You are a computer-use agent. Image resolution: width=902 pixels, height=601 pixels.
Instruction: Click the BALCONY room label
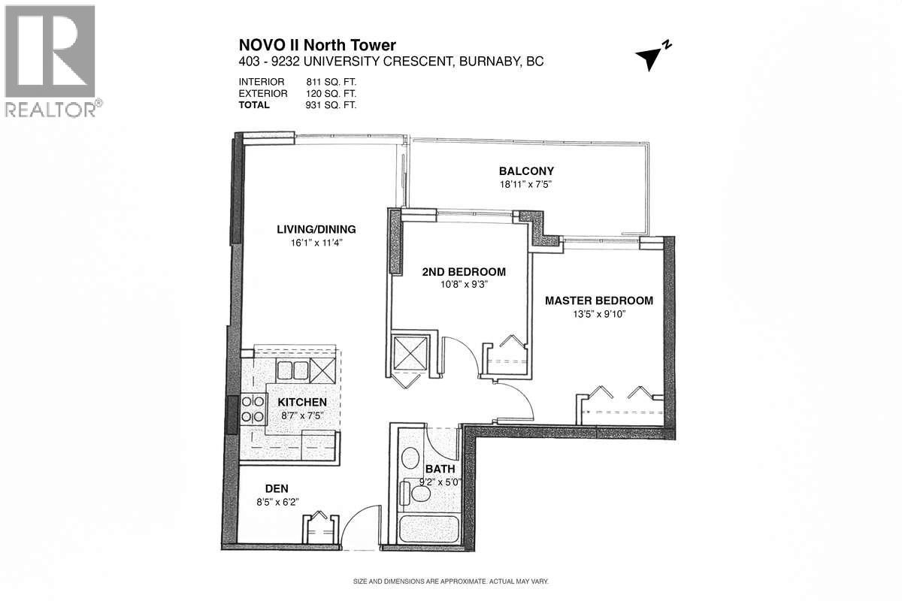click(x=526, y=171)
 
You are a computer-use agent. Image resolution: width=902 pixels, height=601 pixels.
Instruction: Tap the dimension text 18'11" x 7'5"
click(x=526, y=184)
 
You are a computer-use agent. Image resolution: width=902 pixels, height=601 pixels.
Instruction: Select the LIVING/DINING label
click(x=316, y=230)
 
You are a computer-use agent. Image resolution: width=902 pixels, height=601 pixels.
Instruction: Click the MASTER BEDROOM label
click(x=598, y=300)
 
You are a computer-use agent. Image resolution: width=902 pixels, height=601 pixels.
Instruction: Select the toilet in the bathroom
click(x=414, y=493)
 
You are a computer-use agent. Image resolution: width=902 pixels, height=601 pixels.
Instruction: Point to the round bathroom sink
click(x=411, y=458)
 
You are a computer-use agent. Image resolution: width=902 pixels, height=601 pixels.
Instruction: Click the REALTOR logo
click(x=50, y=60)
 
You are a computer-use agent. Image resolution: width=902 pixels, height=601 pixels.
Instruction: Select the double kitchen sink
click(x=293, y=370)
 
